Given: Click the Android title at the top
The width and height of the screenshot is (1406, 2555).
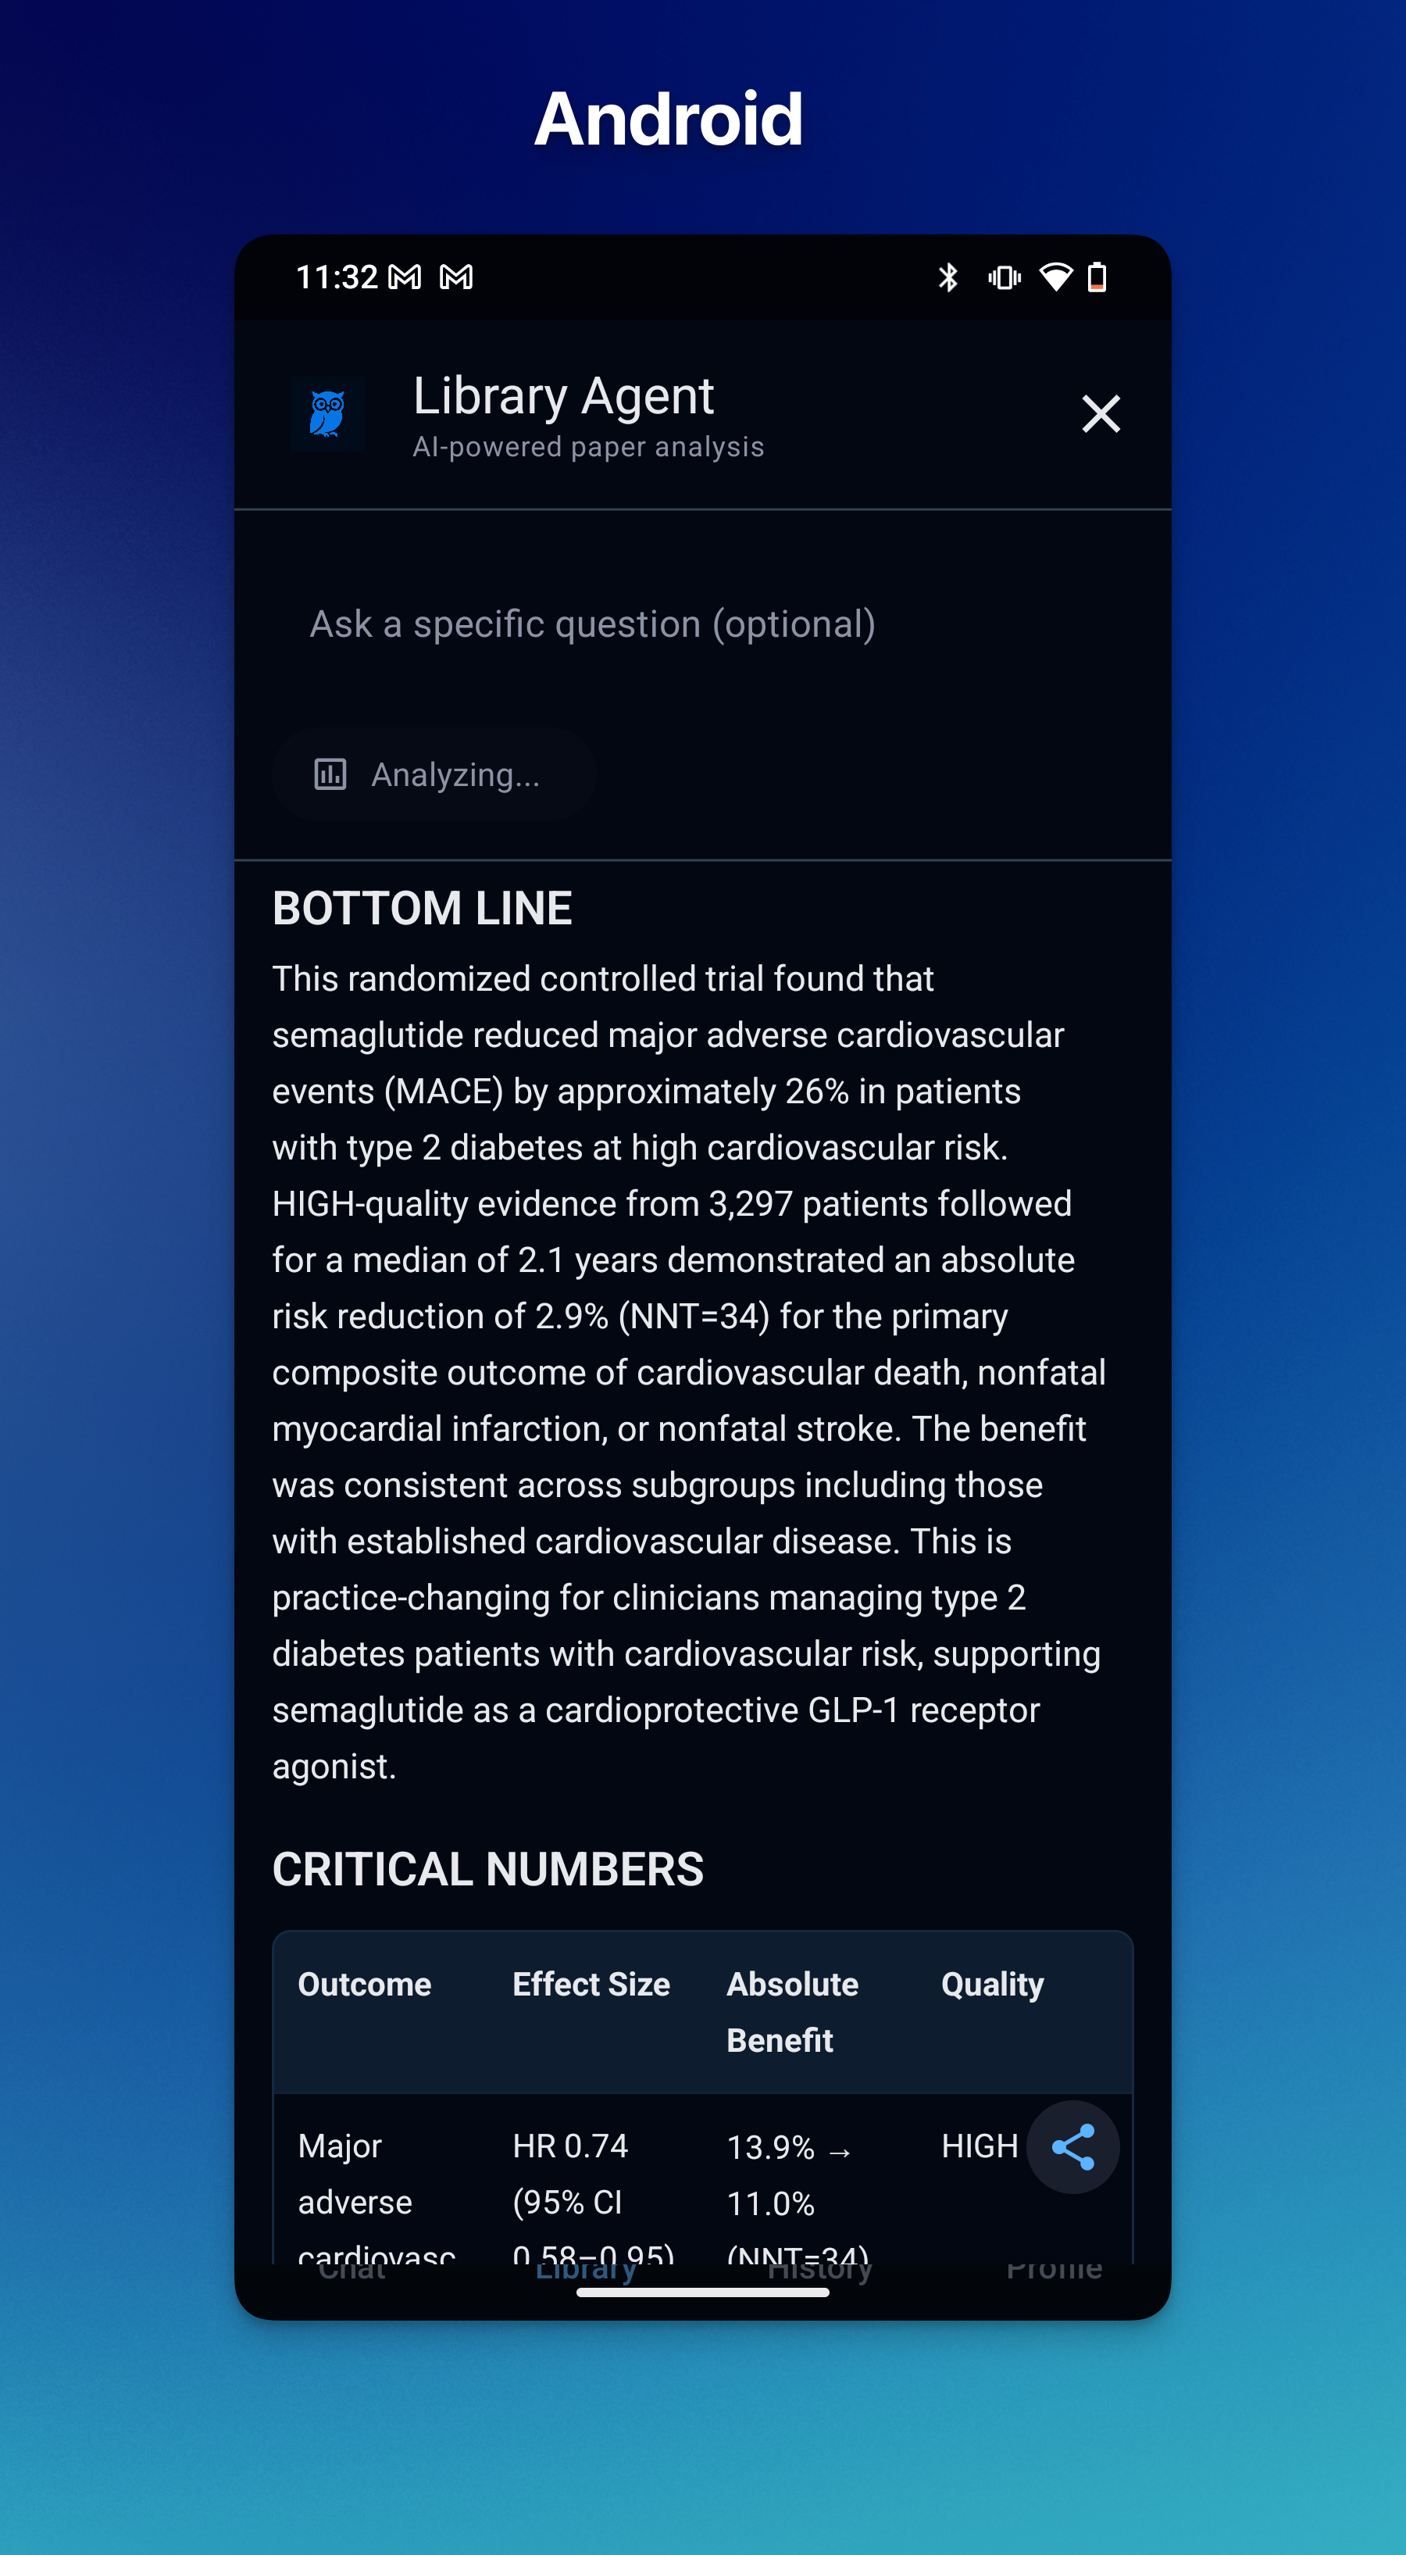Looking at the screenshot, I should [669, 119].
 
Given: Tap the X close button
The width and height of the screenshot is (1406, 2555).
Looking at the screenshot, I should [1101, 413].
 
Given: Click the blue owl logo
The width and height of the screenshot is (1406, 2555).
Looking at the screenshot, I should [327, 413].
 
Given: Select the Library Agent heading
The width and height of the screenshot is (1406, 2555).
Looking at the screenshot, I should [563, 395].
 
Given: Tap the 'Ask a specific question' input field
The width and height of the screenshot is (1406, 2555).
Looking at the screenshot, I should [593, 624].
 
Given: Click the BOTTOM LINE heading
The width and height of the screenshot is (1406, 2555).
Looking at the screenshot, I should [423, 908].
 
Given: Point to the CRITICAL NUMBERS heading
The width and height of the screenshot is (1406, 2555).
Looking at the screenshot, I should [488, 1869].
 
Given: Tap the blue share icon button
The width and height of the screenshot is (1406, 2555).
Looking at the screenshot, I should [1072, 2146].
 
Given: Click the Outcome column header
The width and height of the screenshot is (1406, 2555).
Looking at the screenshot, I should [365, 1984].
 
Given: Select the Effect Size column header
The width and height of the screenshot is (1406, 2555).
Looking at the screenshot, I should [591, 1984].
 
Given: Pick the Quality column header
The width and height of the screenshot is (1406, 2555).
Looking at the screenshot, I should [993, 1984].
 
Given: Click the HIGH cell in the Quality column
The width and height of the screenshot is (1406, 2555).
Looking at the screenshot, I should [980, 2146].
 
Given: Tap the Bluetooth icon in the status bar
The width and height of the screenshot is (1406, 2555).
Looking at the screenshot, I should [948, 277].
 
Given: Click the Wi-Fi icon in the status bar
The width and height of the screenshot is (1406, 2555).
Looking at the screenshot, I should [1055, 277].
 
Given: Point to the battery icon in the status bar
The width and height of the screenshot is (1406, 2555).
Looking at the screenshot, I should [1097, 277].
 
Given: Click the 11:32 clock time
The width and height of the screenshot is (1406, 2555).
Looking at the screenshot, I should [337, 277].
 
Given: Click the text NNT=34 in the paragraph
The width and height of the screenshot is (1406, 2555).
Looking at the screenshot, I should [694, 1317].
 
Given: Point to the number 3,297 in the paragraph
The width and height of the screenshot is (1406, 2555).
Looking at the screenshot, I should [750, 1203].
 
